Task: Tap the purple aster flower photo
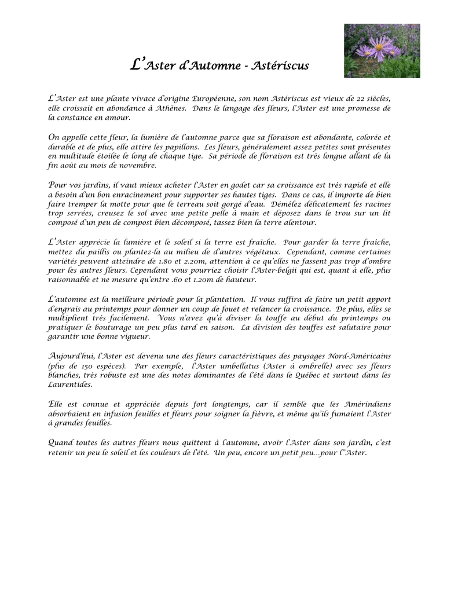(382, 50)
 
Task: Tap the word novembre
(138, 165)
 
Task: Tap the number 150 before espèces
(85, 365)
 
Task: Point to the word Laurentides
(69, 384)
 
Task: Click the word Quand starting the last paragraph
(61, 442)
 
